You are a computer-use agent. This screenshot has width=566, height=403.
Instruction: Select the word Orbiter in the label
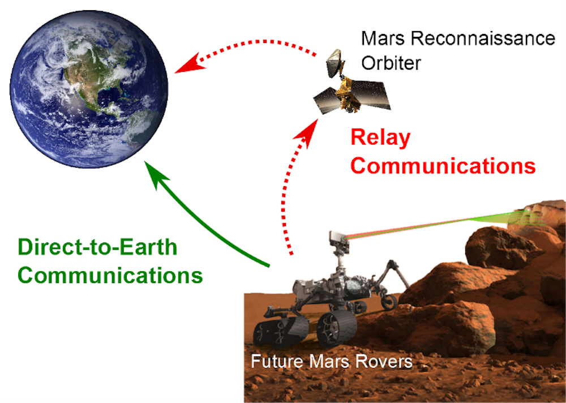tap(391, 62)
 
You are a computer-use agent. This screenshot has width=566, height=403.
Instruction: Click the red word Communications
tap(443, 166)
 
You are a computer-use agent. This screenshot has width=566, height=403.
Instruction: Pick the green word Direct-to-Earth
tap(97, 247)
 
